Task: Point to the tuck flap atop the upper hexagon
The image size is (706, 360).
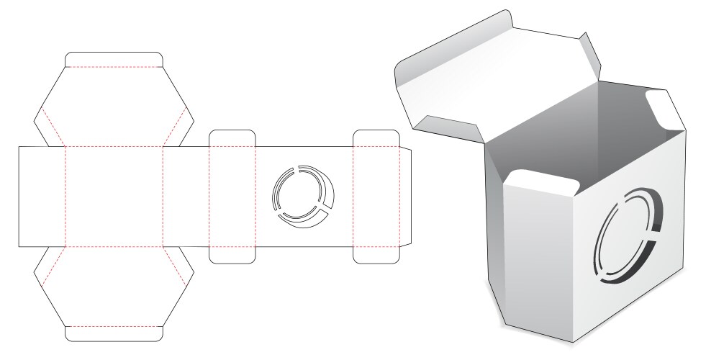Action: [x=114, y=59]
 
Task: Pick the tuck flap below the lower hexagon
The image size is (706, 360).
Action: [x=114, y=333]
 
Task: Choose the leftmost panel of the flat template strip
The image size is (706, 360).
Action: [x=41, y=196]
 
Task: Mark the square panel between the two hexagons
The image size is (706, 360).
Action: [x=114, y=196]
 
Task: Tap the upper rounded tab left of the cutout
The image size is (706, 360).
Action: [x=232, y=138]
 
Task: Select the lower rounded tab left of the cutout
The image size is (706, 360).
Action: [x=232, y=254]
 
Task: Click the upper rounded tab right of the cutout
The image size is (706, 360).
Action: [x=376, y=138]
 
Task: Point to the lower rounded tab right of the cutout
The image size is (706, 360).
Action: [x=376, y=254]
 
